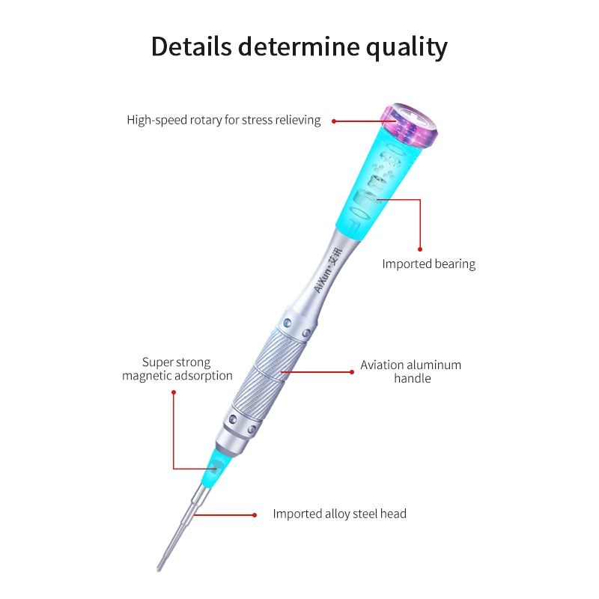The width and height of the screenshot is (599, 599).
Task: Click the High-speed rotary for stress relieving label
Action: (223, 120)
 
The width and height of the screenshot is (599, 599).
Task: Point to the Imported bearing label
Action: (428, 264)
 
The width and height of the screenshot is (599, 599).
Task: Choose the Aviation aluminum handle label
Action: (411, 371)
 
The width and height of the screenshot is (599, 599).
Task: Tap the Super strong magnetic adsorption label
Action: (177, 369)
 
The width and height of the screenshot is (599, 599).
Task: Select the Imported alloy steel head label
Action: (339, 514)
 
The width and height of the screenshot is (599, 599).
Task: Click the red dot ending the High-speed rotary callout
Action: (334, 121)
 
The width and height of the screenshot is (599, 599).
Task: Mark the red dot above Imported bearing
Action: (420, 249)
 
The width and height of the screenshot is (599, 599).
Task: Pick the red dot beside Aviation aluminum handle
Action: (352, 371)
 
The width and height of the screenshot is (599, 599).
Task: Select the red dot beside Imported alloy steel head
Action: (255, 514)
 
